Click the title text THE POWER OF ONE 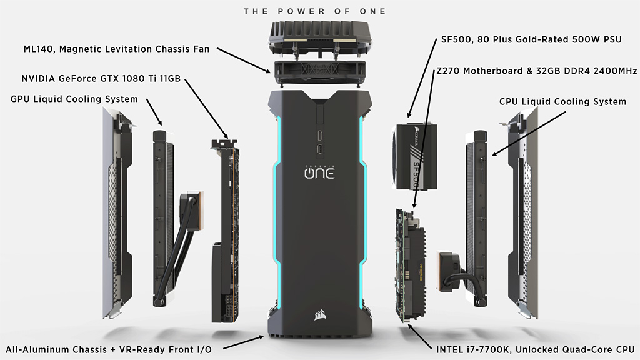tap(315, 11)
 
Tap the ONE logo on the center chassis tap(319, 172)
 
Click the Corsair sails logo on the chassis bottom tap(320, 315)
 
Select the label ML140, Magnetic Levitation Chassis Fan tap(116, 49)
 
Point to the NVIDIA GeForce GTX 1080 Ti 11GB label tap(101, 78)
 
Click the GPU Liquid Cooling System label tap(74, 99)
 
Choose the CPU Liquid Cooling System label tap(562, 102)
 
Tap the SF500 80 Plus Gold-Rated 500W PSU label tap(531, 39)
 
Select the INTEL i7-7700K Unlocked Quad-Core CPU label tap(536, 350)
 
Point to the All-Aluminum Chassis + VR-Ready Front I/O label tap(109, 350)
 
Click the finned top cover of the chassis tap(320, 38)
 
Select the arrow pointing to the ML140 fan tap(244, 61)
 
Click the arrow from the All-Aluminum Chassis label tap(244, 343)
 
